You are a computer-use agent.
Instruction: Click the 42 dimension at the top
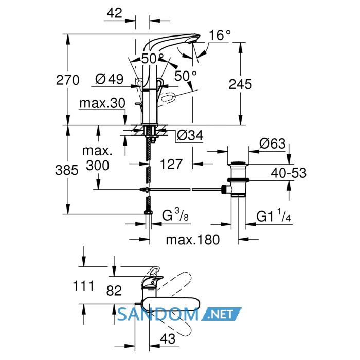[114, 13]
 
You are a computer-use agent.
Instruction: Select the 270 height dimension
[68, 80]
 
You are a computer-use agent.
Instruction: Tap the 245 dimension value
[240, 84]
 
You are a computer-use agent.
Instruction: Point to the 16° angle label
[220, 35]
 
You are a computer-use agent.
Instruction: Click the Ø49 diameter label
[109, 79]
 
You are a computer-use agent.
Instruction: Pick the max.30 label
[102, 103]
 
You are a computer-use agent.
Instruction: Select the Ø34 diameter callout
[190, 135]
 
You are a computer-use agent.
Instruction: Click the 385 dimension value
[67, 170]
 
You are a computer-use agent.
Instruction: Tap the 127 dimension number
[171, 164]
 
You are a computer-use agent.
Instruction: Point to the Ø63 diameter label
[273, 143]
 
